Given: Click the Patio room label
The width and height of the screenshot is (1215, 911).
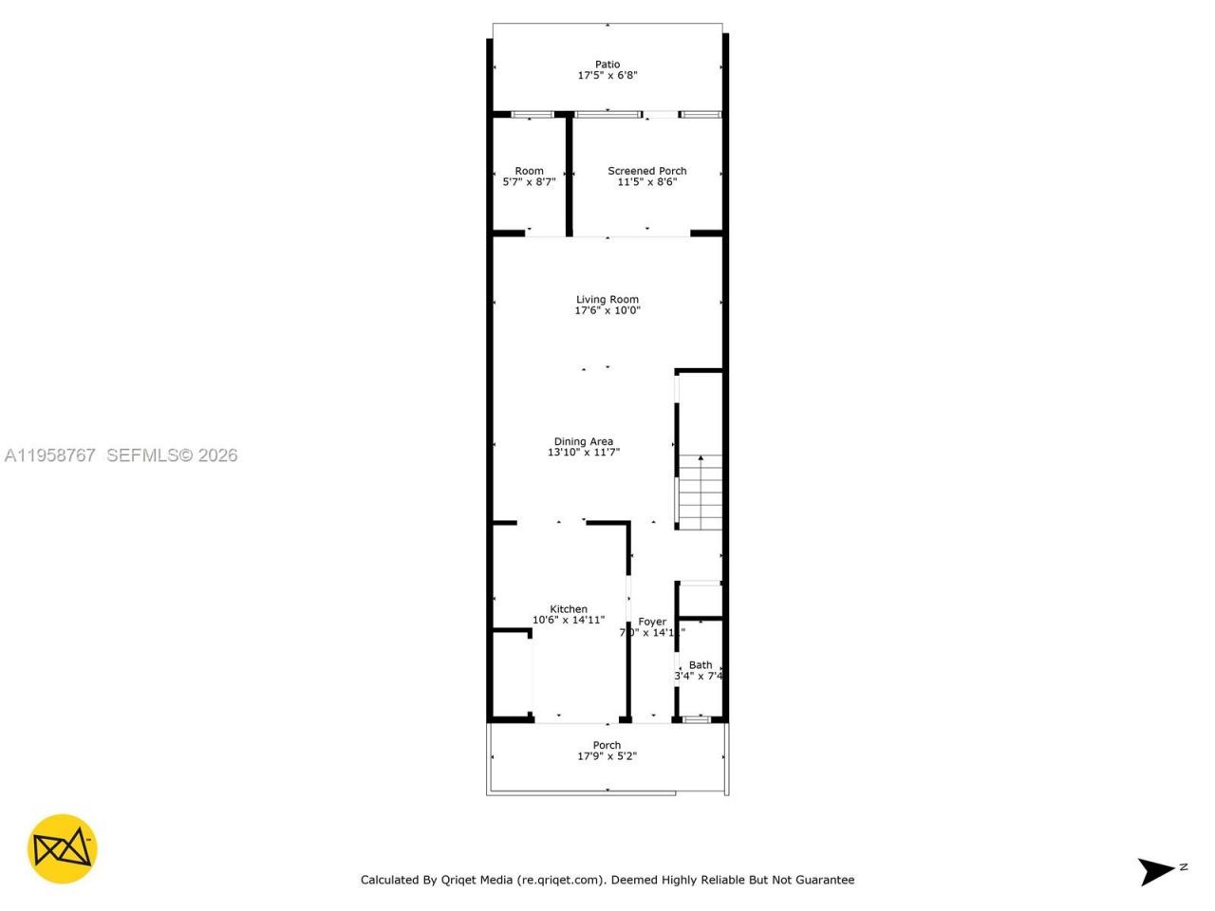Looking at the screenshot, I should click(x=607, y=65).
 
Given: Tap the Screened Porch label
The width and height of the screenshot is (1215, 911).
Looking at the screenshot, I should click(x=647, y=171).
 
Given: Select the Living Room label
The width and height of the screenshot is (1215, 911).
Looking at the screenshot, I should click(x=607, y=299).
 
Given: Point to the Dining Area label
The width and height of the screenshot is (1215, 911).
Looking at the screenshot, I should click(x=584, y=441).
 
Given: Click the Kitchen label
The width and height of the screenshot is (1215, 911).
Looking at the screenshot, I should click(x=569, y=609).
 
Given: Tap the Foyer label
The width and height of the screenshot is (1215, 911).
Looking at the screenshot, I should click(x=652, y=622).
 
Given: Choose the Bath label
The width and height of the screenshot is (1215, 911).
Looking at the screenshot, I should click(x=701, y=665).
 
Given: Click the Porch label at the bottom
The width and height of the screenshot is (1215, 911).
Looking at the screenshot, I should click(x=607, y=745).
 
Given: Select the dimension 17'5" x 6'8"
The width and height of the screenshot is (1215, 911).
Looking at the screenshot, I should click(x=607, y=75).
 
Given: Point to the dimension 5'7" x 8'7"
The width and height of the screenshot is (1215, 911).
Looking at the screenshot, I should click(x=529, y=182).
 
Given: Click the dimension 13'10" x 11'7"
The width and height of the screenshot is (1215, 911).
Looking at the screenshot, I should click(x=584, y=453).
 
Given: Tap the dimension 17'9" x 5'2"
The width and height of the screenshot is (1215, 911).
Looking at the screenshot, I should click(x=607, y=756).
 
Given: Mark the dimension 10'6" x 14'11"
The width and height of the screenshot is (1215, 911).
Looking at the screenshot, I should click(x=569, y=621).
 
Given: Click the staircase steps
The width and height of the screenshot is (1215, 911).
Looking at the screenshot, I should click(x=701, y=493).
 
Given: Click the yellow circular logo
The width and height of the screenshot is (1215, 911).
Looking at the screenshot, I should click(x=63, y=848).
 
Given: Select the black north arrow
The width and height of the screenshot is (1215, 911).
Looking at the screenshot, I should click(x=1157, y=870).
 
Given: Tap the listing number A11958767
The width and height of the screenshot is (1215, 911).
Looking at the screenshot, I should click(x=50, y=455).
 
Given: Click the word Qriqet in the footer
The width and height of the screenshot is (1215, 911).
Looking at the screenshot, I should click(x=459, y=880).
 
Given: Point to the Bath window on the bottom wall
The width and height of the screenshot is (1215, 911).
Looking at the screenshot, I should click(x=698, y=720).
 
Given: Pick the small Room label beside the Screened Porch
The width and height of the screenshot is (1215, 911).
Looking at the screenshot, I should click(x=530, y=171).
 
